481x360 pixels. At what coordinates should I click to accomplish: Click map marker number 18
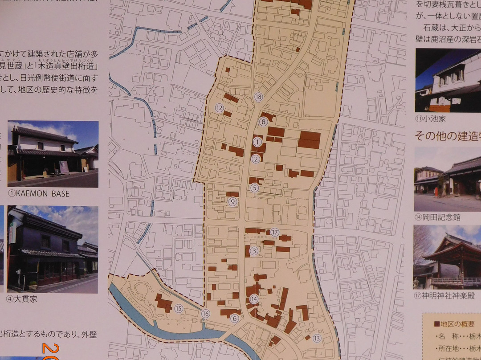point(259,97)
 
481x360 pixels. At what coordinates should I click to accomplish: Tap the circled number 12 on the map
point(219,107)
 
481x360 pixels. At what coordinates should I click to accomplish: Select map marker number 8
point(264,121)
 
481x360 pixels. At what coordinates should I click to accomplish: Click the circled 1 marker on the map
point(257,142)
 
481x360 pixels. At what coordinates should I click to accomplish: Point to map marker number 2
point(256,159)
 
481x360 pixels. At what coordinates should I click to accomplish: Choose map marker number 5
point(254,188)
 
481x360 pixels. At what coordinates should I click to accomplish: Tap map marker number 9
point(232,202)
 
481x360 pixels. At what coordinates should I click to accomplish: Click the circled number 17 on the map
point(275,232)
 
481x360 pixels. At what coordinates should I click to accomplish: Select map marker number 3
point(254,251)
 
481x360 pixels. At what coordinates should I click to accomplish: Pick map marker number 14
point(254,299)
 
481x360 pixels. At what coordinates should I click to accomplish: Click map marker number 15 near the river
point(179,308)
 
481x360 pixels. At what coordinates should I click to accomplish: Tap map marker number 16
point(205,314)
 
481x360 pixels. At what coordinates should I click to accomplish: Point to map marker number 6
point(235,318)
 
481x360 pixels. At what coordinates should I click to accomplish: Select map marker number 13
point(317,338)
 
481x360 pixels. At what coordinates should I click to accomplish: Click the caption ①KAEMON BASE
point(38,194)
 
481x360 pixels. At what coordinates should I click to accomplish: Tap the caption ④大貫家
point(22,299)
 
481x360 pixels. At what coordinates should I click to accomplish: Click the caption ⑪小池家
point(430,119)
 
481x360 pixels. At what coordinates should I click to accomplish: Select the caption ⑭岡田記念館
point(437,217)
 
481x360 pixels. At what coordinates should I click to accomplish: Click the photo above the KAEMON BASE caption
point(53,153)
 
